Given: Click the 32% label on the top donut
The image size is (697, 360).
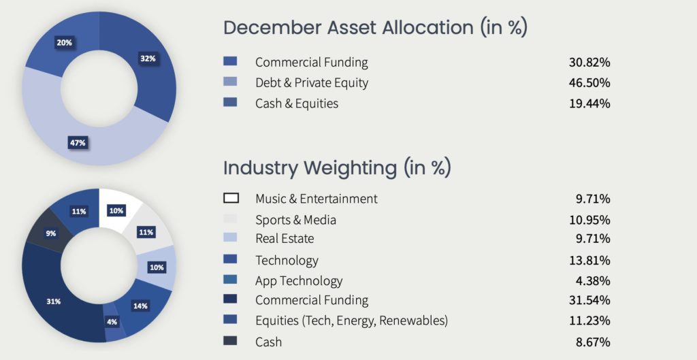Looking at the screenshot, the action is tap(148, 59).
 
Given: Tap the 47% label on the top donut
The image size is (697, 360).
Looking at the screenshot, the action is tap(78, 143).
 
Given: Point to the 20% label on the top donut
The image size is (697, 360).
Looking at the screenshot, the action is tap(64, 43).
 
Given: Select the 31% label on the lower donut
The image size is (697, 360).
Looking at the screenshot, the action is tap(53, 301).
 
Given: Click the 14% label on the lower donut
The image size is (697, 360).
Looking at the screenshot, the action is tap(140, 306).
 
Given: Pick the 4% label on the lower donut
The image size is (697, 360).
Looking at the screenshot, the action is tap(112, 322).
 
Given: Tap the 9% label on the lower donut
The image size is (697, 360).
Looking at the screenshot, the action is tap(50, 233).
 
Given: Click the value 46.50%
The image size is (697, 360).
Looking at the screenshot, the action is tap(589, 82).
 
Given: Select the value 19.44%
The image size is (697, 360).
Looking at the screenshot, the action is tap(589, 103).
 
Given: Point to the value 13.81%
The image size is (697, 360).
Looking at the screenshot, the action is tap(589, 260).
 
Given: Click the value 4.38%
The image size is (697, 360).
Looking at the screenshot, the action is tap(593, 281).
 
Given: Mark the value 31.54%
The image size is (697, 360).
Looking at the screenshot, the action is tap(589, 300).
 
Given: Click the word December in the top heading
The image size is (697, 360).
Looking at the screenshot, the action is tap(272, 27).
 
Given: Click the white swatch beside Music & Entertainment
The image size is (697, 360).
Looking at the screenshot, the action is tap(231, 198).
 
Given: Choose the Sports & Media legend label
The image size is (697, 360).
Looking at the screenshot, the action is tap(295, 220).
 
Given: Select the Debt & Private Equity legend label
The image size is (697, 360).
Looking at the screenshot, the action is tap(312, 83).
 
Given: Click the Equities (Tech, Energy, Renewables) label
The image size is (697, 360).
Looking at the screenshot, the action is tap(352, 321).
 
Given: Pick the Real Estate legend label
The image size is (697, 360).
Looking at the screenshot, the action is tap(285, 239).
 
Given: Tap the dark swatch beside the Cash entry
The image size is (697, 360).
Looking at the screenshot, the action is tap(230, 341).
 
